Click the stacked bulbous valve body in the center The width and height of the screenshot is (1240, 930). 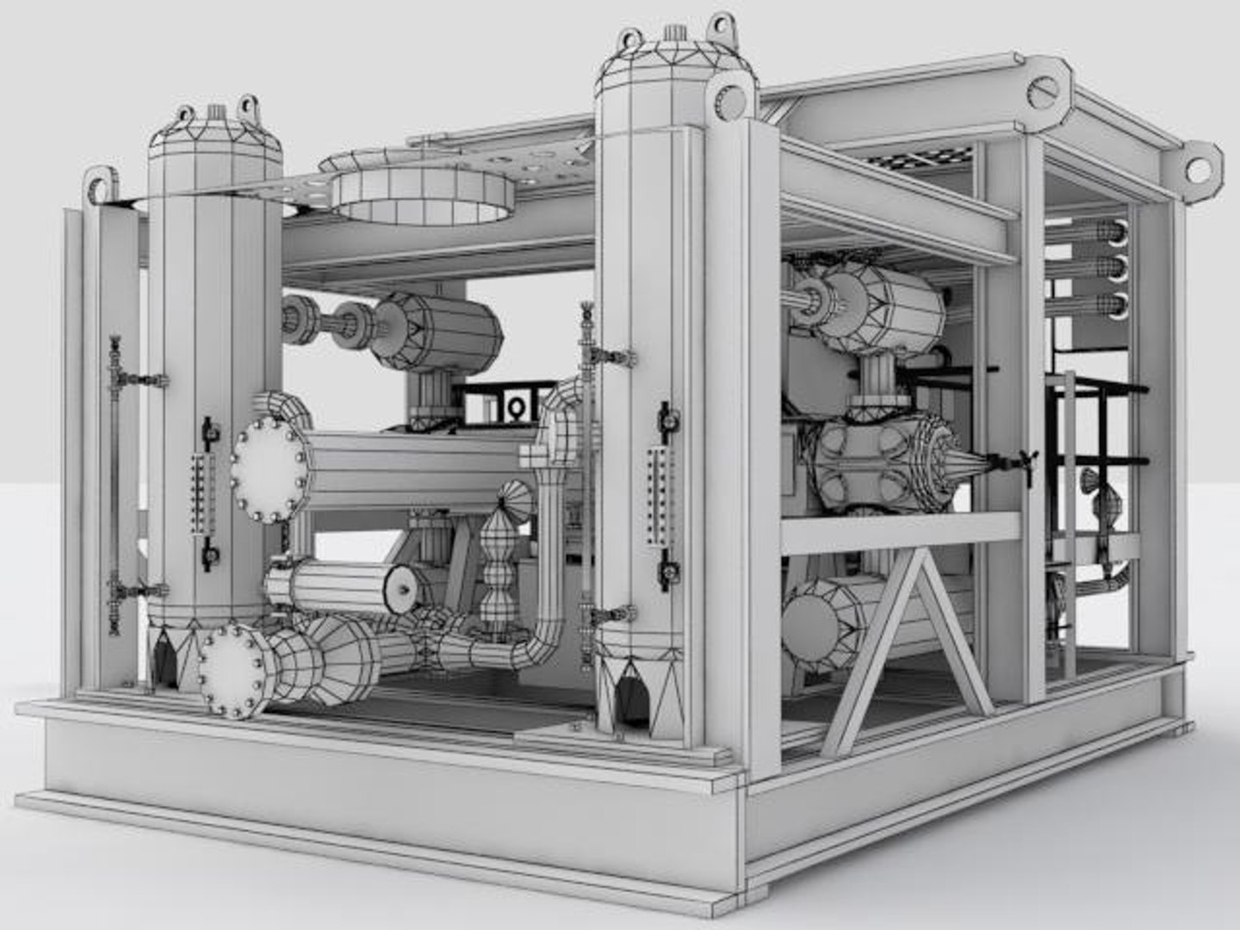(498, 568)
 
